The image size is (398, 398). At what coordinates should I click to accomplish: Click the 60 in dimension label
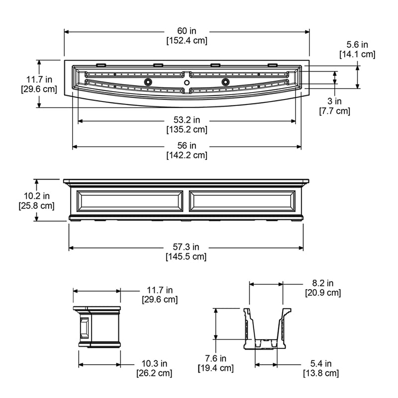(187, 31)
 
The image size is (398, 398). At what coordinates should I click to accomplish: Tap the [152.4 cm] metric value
(187, 40)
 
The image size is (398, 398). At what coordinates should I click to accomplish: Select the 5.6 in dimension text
(357, 45)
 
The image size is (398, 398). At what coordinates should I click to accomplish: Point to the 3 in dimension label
(334, 102)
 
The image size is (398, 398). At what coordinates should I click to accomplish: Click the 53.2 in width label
(187, 120)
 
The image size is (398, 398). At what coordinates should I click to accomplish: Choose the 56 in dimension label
(187, 146)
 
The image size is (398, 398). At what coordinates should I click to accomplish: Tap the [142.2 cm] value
(187, 155)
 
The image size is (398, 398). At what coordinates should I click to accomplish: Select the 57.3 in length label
(187, 247)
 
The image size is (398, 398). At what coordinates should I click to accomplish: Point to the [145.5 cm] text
(187, 257)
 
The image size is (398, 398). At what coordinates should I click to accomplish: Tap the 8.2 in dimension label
(323, 284)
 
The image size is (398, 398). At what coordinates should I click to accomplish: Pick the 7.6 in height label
(215, 359)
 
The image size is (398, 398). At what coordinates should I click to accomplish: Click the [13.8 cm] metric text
(321, 373)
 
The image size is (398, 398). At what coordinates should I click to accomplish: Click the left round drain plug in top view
(148, 82)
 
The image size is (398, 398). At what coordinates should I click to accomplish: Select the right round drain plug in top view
(225, 82)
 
